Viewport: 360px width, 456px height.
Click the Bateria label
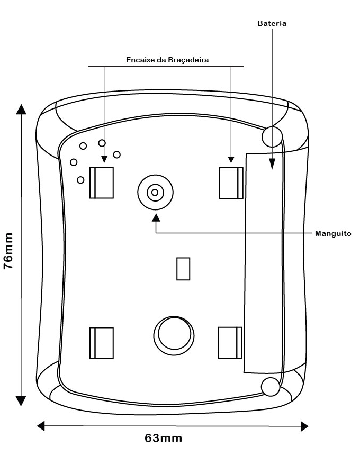pyautogui.click(x=272, y=23)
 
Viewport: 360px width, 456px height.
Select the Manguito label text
pyautogui.click(x=333, y=233)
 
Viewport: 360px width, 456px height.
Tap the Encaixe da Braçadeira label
pyautogui.click(x=167, y=60)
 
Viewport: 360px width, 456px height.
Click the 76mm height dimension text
pyautogui.click(x=8, y=251)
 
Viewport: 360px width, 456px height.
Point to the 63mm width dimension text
pyautogui.click(x=163, y=438)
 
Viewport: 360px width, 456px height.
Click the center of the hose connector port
pyautogui.click(x=155, y=192)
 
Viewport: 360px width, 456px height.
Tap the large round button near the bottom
pyautogui.click(x=174, y=335)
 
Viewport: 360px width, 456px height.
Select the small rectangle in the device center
pyautogui.click(x=183, y=269)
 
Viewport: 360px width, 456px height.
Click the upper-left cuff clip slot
pyautogui.click(x=102, y=183)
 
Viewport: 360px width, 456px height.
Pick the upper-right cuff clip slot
pyautogui.click(x=231, y=183)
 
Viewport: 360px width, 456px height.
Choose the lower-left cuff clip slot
pyautogui.click(x=102, y=343)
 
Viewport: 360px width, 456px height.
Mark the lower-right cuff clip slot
pyautogui.click(x=230, y=343)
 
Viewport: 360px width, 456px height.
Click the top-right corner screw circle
pyautogui.click(x=272, y=136)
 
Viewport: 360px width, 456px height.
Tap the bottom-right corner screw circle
pyautogui.click(x=271, y=387)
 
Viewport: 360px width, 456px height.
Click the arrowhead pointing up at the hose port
pyautogui.click(x=156, y=217)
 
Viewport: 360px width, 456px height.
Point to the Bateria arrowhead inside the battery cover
pyautogui.click(x=272, y=164)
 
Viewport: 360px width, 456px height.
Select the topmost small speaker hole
pyautogui.click(x=102, y=143)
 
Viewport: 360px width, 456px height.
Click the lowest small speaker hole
pyautogui.click(x=80, y=180)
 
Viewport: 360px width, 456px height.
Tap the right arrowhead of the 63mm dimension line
pyautogui.click(x=304, y=426)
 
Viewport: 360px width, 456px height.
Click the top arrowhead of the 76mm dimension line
pyautogui.click(x=21, y=110)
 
